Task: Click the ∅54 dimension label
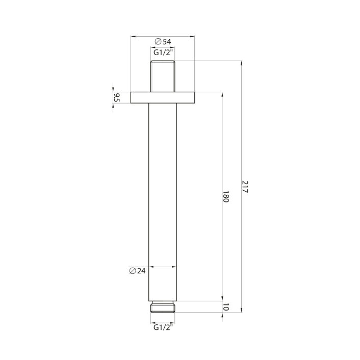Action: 163,41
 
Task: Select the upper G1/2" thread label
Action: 163,52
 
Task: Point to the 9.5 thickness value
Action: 117,97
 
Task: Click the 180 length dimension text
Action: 226,196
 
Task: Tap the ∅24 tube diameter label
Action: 138,271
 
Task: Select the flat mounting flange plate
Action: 163,97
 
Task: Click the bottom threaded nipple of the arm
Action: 163,306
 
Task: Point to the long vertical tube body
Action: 163,199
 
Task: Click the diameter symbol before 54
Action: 157,41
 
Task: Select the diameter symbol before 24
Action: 132,271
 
